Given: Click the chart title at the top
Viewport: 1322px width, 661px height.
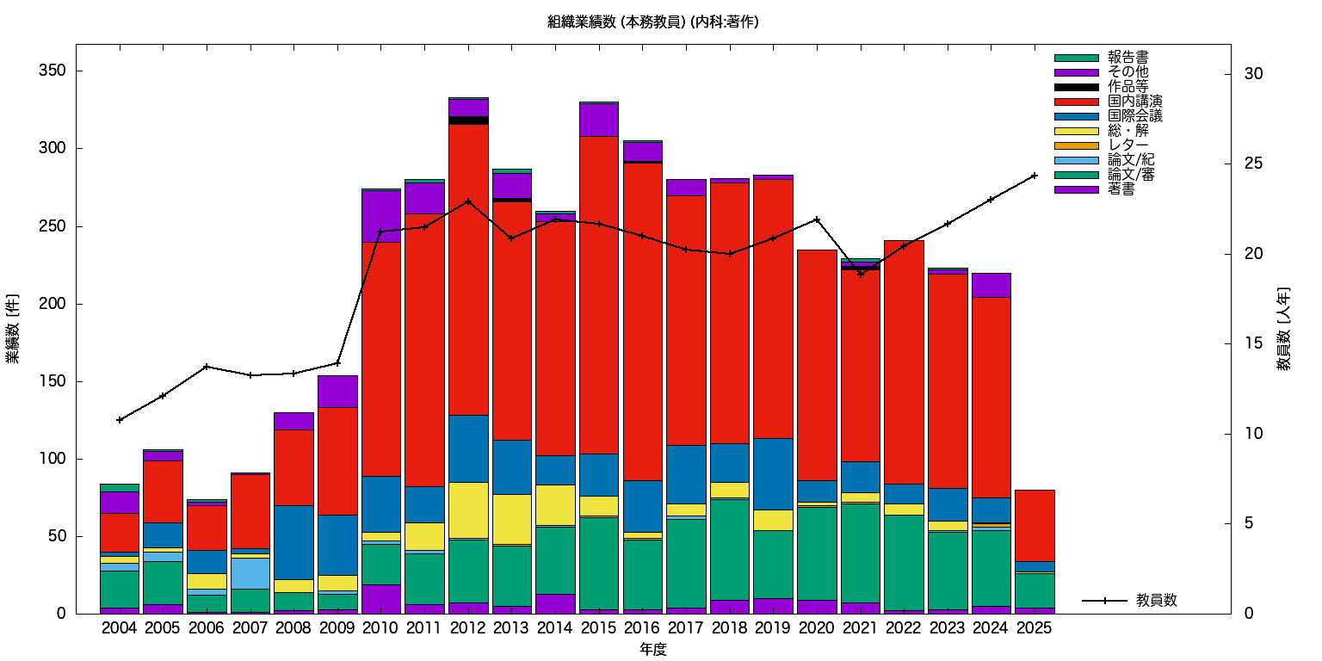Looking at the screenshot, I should point(652,22).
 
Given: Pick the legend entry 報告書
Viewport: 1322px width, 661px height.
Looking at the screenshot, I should point(1127,58).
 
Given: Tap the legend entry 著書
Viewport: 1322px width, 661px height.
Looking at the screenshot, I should point(1121,189).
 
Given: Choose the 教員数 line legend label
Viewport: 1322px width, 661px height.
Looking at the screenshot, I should point(1157,601).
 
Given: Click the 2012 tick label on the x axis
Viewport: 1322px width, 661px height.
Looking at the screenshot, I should point(467,628).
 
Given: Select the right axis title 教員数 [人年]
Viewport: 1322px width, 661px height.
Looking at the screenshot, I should point(1283,329).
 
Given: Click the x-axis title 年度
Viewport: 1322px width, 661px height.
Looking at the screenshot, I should point(652,650).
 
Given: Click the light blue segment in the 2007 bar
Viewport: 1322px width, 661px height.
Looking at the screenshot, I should point(250,573).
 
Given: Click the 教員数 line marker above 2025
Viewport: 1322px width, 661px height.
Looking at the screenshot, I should point(1035,176).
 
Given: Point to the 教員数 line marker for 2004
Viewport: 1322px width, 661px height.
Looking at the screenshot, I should point(120,420).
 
